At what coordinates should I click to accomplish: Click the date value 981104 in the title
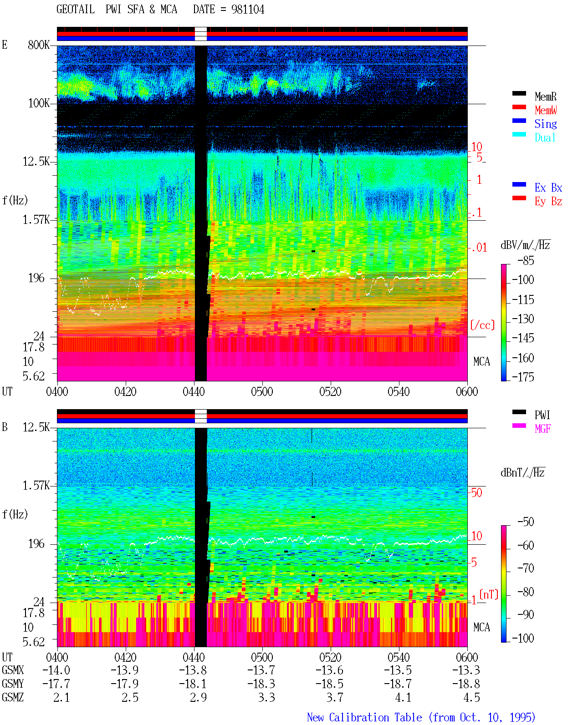[248, 10]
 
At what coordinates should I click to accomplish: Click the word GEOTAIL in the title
[76, 10]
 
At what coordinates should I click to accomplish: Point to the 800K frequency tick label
[39, 45]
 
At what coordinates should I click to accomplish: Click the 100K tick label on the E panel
[39, 103]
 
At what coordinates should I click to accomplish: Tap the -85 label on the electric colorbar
[526, 261]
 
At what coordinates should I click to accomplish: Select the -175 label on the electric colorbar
[523, 377]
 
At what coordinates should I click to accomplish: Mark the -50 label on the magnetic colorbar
[526, 522]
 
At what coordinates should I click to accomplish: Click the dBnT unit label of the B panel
[522, 472]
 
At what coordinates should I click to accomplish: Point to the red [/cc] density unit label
[482, 325]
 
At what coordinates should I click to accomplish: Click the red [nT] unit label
[489, 594]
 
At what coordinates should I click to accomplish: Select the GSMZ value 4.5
[471, 697]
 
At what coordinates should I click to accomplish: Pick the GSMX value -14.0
[56, 670]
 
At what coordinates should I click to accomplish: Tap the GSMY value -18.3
[261, 684]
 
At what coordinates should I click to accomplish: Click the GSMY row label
[13, 684]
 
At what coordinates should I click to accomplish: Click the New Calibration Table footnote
[421, 717]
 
